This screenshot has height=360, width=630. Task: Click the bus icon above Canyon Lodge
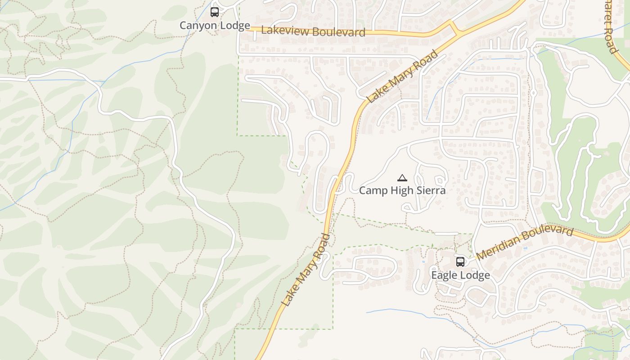tap(215, 12)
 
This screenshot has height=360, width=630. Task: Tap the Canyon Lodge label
tap(215, 26)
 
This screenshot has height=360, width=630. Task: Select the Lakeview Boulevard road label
tap(313, 31)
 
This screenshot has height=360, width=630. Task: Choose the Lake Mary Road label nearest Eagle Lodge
tap(306, 270)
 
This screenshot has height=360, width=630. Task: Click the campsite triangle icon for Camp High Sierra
tap(402, 178)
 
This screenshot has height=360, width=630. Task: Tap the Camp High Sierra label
tap(402, 190)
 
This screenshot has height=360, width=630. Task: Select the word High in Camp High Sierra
tap(401, 190)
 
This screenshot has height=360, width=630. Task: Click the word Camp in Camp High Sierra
tap(373, 190)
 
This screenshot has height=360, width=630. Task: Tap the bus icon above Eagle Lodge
tap(460, 261)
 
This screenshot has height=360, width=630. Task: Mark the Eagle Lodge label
tap(460, 275)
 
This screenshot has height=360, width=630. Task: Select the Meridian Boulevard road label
tap(524, 243)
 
